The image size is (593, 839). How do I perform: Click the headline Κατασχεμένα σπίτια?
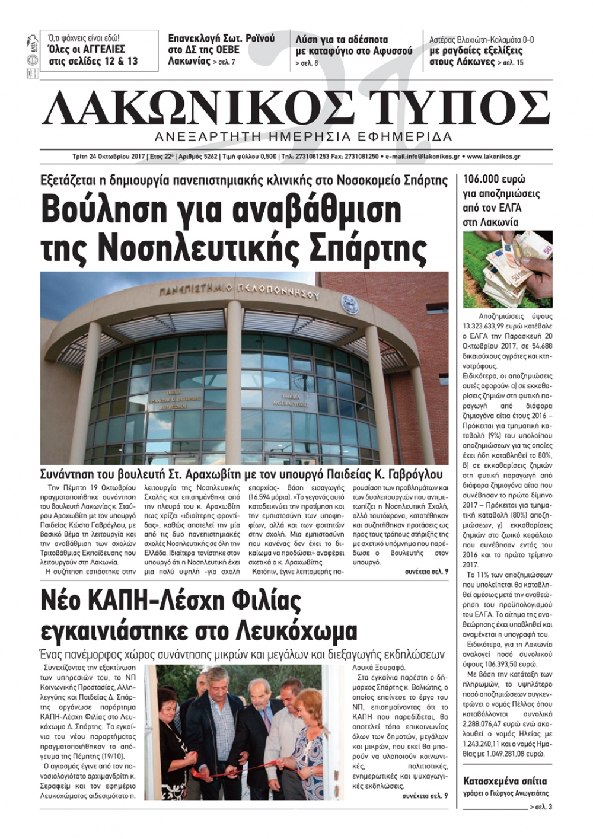pos(505,781)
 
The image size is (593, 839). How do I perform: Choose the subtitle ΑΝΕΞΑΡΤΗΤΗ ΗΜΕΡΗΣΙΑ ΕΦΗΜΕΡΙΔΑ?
pos(302,137)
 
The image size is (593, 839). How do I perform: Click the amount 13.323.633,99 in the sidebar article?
pos(488,327)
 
